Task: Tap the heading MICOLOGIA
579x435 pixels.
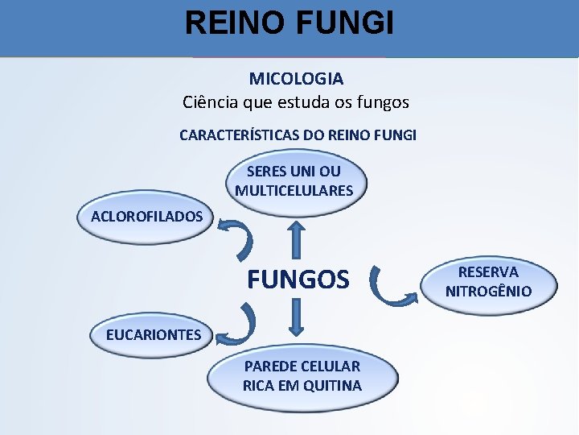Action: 296,79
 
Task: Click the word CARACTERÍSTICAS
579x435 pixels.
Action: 240,135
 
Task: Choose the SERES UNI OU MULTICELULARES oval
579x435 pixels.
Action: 294,181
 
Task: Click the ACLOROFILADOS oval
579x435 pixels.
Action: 146,216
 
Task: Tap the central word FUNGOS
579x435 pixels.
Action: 298,280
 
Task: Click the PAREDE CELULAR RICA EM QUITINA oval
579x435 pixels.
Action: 302,376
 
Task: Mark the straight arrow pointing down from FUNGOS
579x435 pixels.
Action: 297,317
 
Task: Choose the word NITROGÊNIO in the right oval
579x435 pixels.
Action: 488,292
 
